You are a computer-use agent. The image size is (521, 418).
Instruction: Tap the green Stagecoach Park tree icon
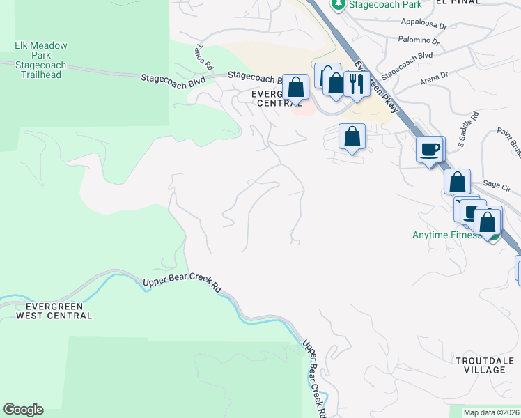[338, 5]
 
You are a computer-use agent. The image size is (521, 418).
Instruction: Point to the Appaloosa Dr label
[423, 22]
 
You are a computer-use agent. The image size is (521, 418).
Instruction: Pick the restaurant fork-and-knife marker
[357, 85]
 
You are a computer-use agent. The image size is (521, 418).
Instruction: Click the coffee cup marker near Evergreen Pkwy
[430, 149]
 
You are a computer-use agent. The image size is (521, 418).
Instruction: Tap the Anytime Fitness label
[446, 235]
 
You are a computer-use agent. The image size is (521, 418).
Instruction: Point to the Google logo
[23, 410]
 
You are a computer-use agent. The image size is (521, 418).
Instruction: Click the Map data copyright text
[492, 412]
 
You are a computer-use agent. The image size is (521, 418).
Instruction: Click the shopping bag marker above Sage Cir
[457, 183]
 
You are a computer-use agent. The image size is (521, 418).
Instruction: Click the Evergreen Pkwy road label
[375, 86]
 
